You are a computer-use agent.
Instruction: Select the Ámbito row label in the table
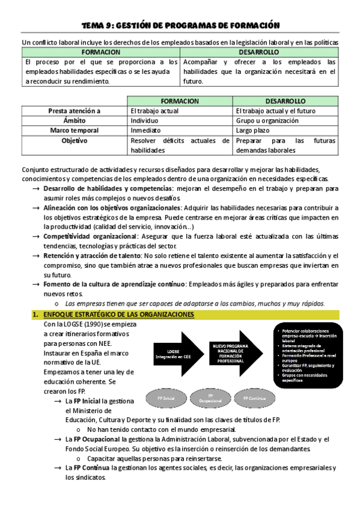click(x=75, y=120)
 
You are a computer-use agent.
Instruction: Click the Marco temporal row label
click(x=75, y=130)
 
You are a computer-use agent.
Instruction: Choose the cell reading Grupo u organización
click(x=267, y=120)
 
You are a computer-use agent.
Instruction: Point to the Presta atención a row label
click(x=75, y=111)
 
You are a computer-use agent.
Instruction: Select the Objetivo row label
click(x=75, y=140)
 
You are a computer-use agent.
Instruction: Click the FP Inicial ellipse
click(x=165, y=399)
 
